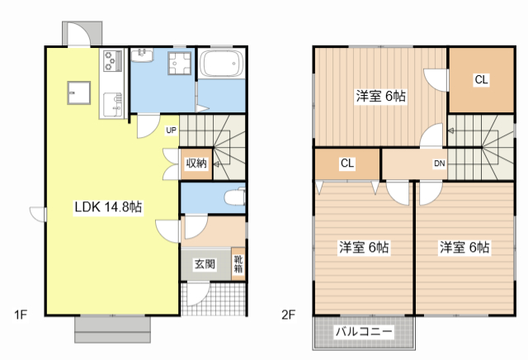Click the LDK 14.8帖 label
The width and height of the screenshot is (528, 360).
pyautogui.click(x=109, y=207)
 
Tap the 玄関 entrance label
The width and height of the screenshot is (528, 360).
pyautogui.click(x=205, y=264)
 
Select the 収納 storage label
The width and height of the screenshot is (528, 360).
pyautogui.click(x=196, y=163)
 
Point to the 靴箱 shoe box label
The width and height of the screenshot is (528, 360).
pyautogui.click(x=238, y=263)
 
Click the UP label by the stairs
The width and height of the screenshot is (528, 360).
pyautogui.click(x=171, y=130)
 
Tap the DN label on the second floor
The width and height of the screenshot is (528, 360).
pyautogui.click(x=440, y=163)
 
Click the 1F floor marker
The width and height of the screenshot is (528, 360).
pyautogui.click(x=21, y=314)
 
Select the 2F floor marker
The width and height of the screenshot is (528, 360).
pyautogui.click(x=288, y=314)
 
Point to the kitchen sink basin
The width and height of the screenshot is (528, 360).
pyautogui.click(x=111, y=102)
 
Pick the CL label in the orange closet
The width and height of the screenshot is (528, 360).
pyautogui.click(x=480, y=80)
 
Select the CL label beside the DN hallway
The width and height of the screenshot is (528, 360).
pyautogui.click(x=347, y=163)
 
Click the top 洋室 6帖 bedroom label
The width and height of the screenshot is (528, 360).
pyautogui.click(x=380, y=95)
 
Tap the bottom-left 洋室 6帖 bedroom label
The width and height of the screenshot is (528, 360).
pyautogui.click(x=364, y=247)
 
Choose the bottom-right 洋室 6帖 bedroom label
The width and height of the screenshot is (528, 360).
pyautogui.click(x=464, y=247)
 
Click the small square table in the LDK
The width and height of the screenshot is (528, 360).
pyautogui.click(x=78, y=92)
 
